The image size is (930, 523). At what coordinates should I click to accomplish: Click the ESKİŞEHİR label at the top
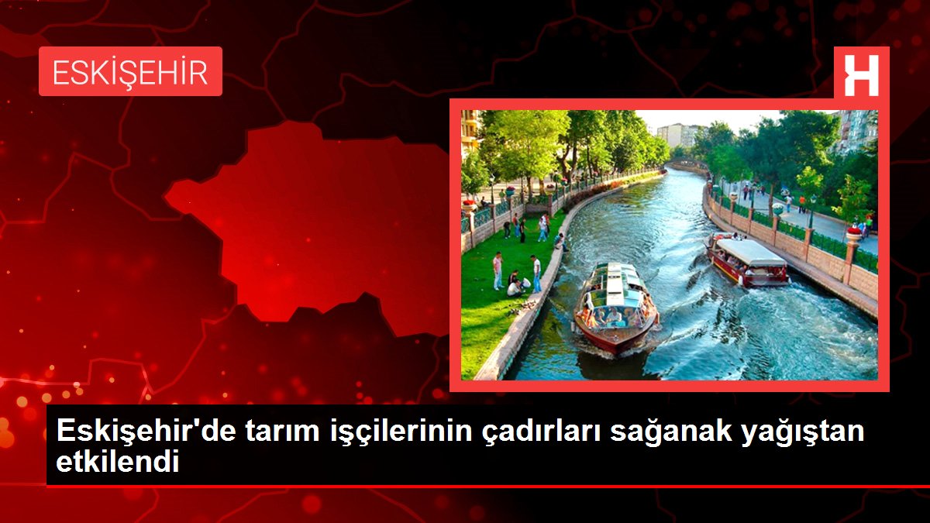130,72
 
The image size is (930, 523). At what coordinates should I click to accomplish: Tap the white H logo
861,75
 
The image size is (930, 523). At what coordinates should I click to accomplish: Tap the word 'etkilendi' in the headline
118,463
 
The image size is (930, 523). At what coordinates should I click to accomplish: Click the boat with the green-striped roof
615,307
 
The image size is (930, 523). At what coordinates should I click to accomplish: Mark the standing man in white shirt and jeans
536,274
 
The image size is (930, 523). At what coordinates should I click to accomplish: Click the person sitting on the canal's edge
560,242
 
